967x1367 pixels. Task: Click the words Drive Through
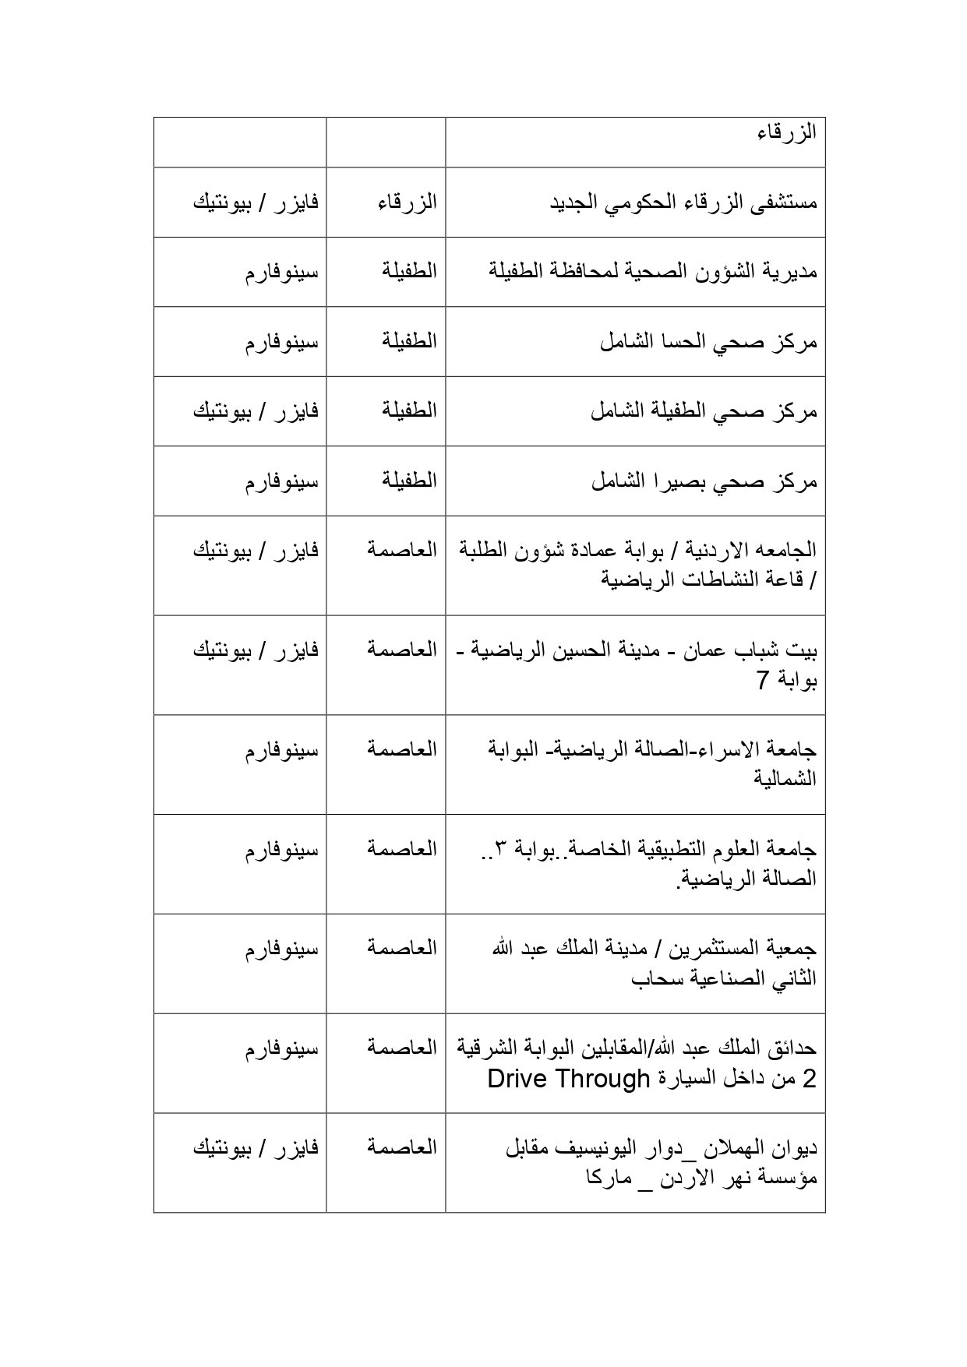(568, 1079)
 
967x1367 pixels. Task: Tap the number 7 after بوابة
(763, 680)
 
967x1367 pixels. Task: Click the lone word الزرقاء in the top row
(786, 132)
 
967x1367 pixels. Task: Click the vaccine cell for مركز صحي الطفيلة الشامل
(256, 410)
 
